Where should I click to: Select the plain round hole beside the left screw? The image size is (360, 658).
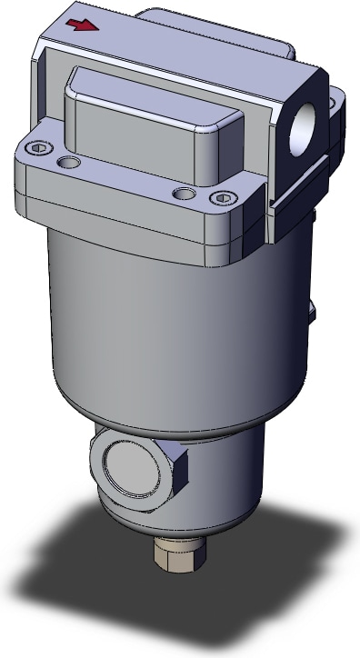(x=65, y=163)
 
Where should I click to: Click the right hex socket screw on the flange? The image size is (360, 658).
(x=225, y=198)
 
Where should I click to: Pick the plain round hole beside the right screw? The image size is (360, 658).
(x=185, y=194)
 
